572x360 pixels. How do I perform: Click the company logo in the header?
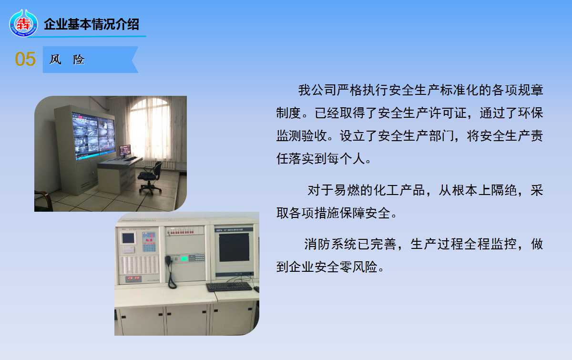pos(23,23)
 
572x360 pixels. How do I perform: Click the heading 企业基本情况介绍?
pos(92,24)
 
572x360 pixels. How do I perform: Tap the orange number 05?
pos(25,59)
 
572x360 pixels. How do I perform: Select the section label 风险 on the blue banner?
pos(67,60)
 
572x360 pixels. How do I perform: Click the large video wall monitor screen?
pos(93,135)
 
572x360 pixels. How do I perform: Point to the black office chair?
pos(151,178)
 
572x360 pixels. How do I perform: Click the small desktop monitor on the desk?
pos(125,150)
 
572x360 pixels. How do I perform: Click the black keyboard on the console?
pos(229,287)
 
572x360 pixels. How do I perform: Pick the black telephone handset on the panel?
pos(170,271)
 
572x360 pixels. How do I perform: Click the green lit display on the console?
pos(184,258)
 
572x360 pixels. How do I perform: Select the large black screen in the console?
pos(234,247)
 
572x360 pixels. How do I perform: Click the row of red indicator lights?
pos(182,232)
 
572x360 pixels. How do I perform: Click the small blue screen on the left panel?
pos(128,238)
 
